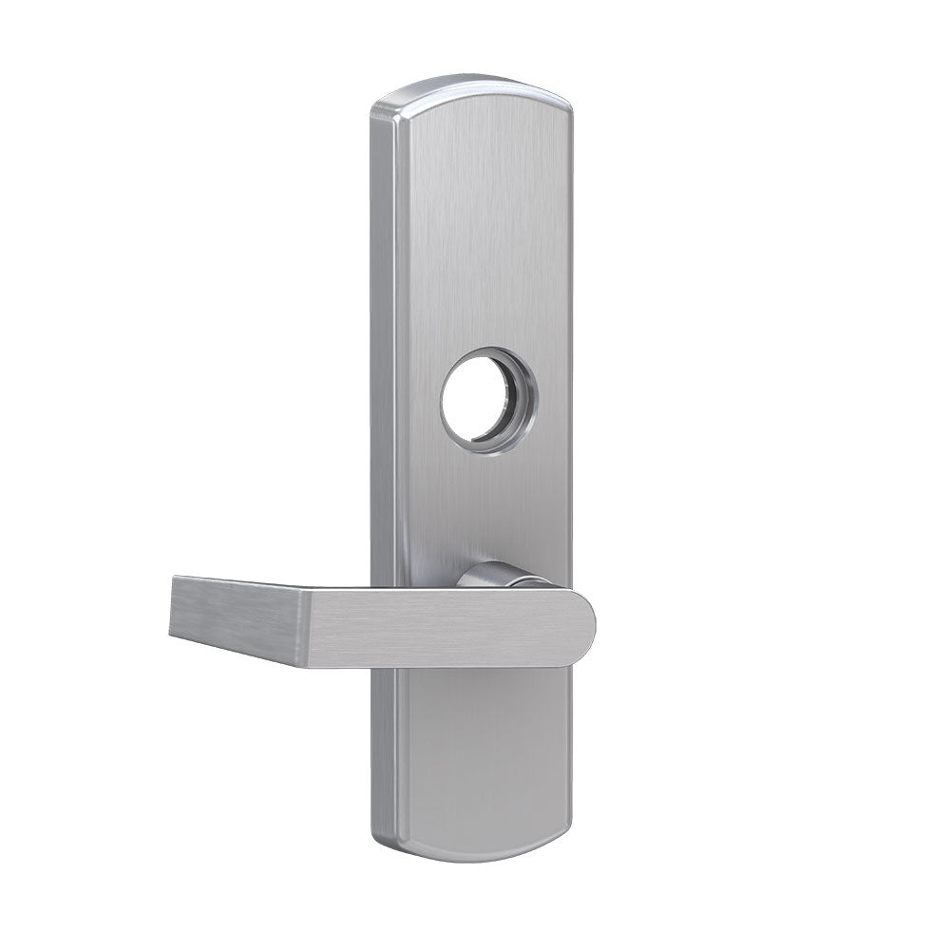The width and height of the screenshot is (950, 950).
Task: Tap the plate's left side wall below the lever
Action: pyautogui.click(x=385, y=750)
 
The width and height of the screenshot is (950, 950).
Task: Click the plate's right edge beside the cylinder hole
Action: pyautogui.click(x=568, y=399)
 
